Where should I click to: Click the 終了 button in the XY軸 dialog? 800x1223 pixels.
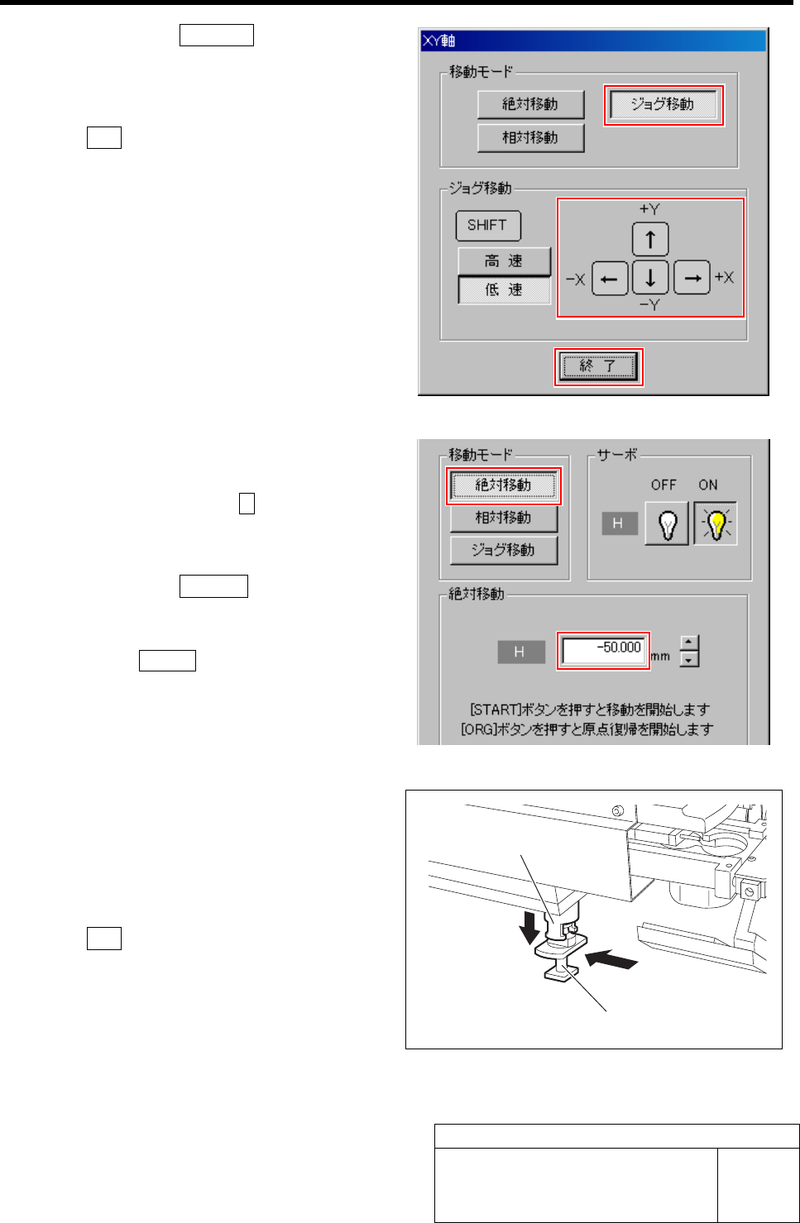(598, 366)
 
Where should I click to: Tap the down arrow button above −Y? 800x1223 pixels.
(650, 278)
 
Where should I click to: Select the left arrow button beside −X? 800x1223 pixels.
(610, 278)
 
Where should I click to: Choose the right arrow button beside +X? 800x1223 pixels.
(692, 278)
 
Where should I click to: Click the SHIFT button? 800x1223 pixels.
(487, 225)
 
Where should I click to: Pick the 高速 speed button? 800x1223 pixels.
(504, 261)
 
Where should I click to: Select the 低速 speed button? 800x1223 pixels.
(504, 290)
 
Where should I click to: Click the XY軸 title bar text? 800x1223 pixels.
(439, 41)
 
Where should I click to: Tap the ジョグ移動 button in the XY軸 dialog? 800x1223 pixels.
(663, 105)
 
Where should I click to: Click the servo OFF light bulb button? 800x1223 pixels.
(667, 524)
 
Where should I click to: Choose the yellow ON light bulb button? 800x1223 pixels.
(716, 524)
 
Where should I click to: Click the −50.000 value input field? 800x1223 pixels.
(603, 649)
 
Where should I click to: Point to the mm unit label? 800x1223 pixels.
(660, 657)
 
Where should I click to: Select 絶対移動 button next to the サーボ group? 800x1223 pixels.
(503, 485)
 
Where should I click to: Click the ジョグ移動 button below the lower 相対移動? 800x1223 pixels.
(503, 550)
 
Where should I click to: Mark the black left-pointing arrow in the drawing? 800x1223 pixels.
(611, 960)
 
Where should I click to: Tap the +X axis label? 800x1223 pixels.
(724, 278)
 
